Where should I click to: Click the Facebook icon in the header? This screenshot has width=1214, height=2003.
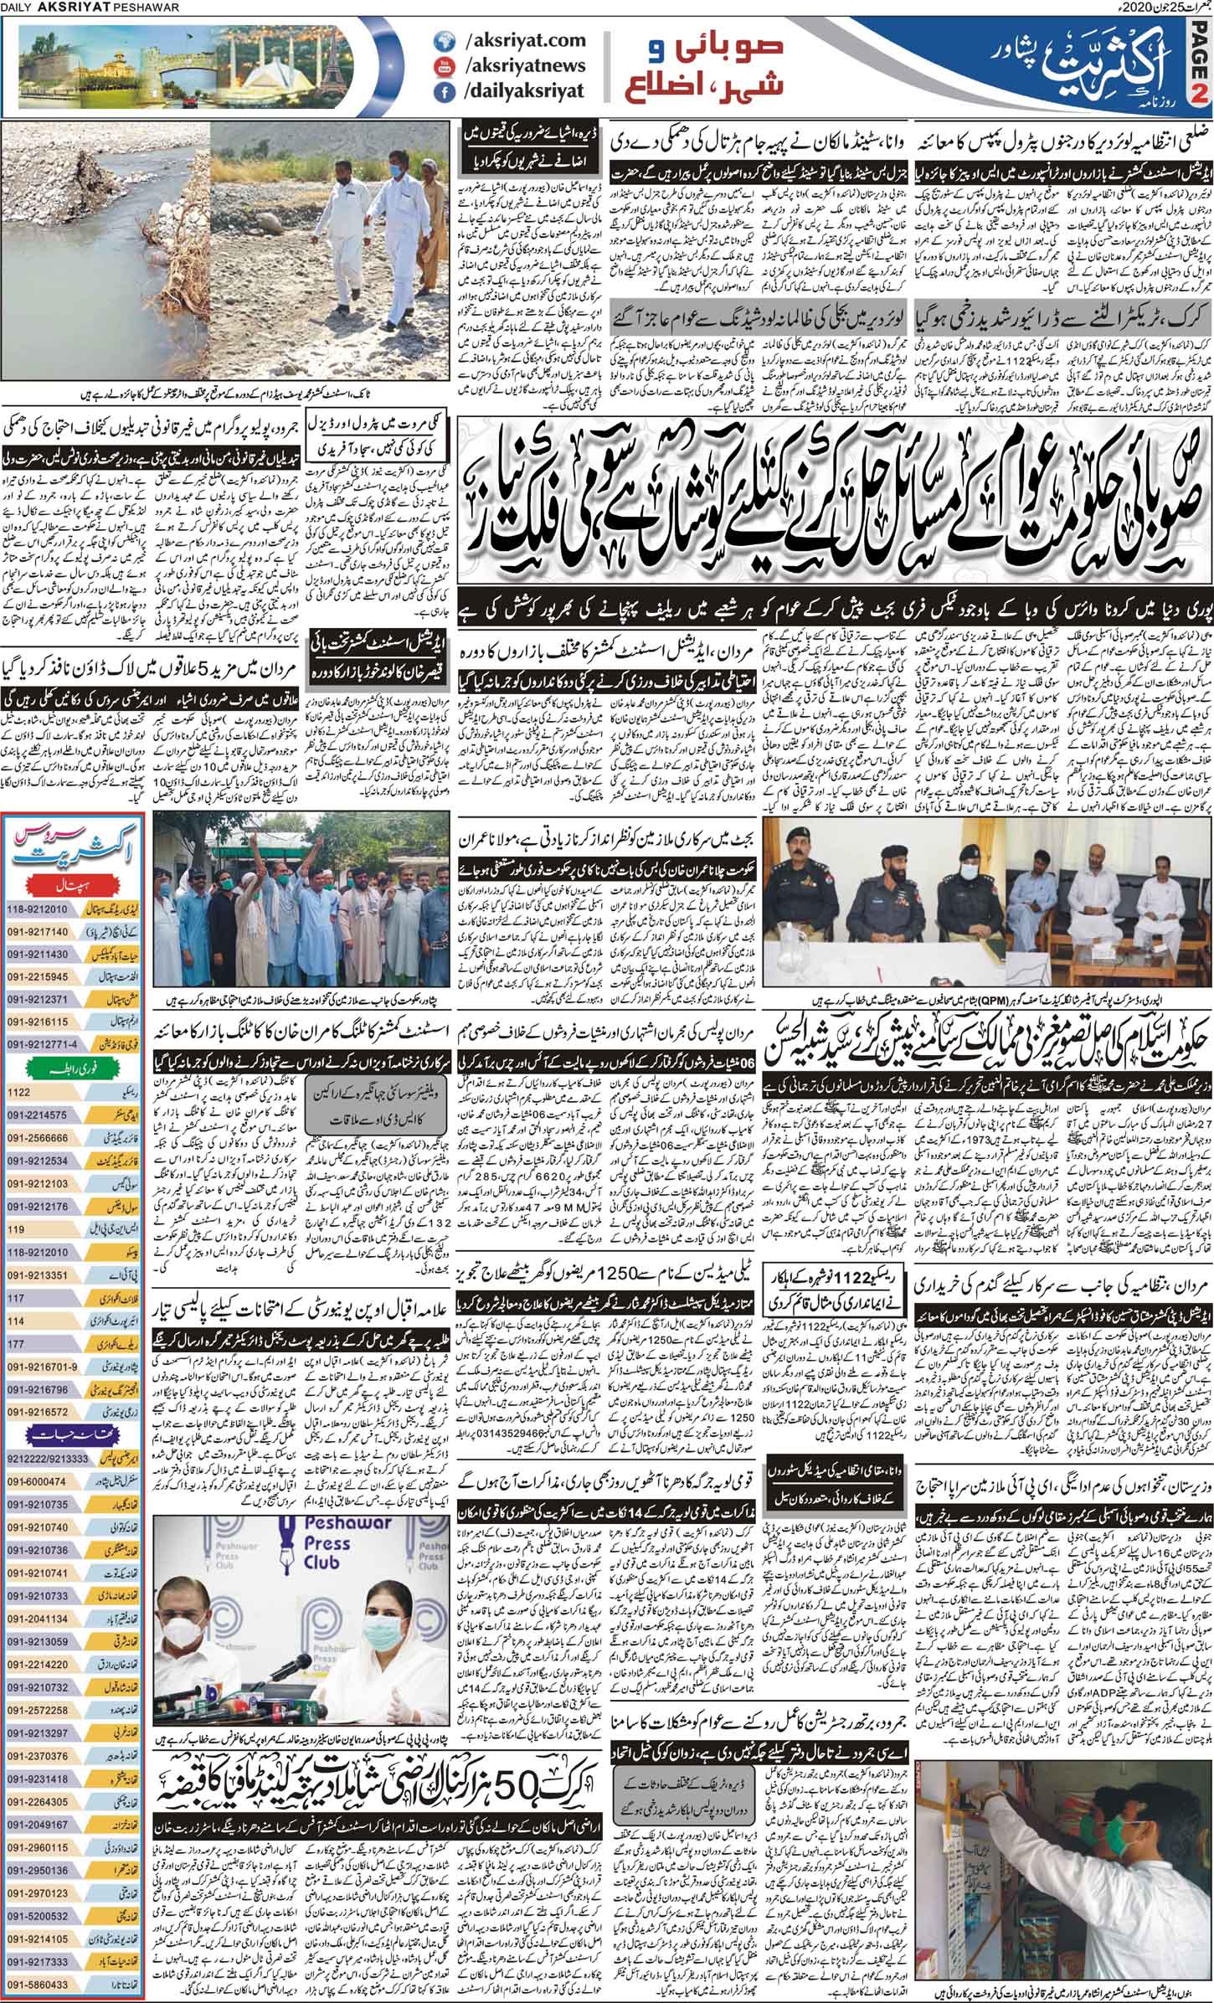pyautogui.click(x=441, y=94)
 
